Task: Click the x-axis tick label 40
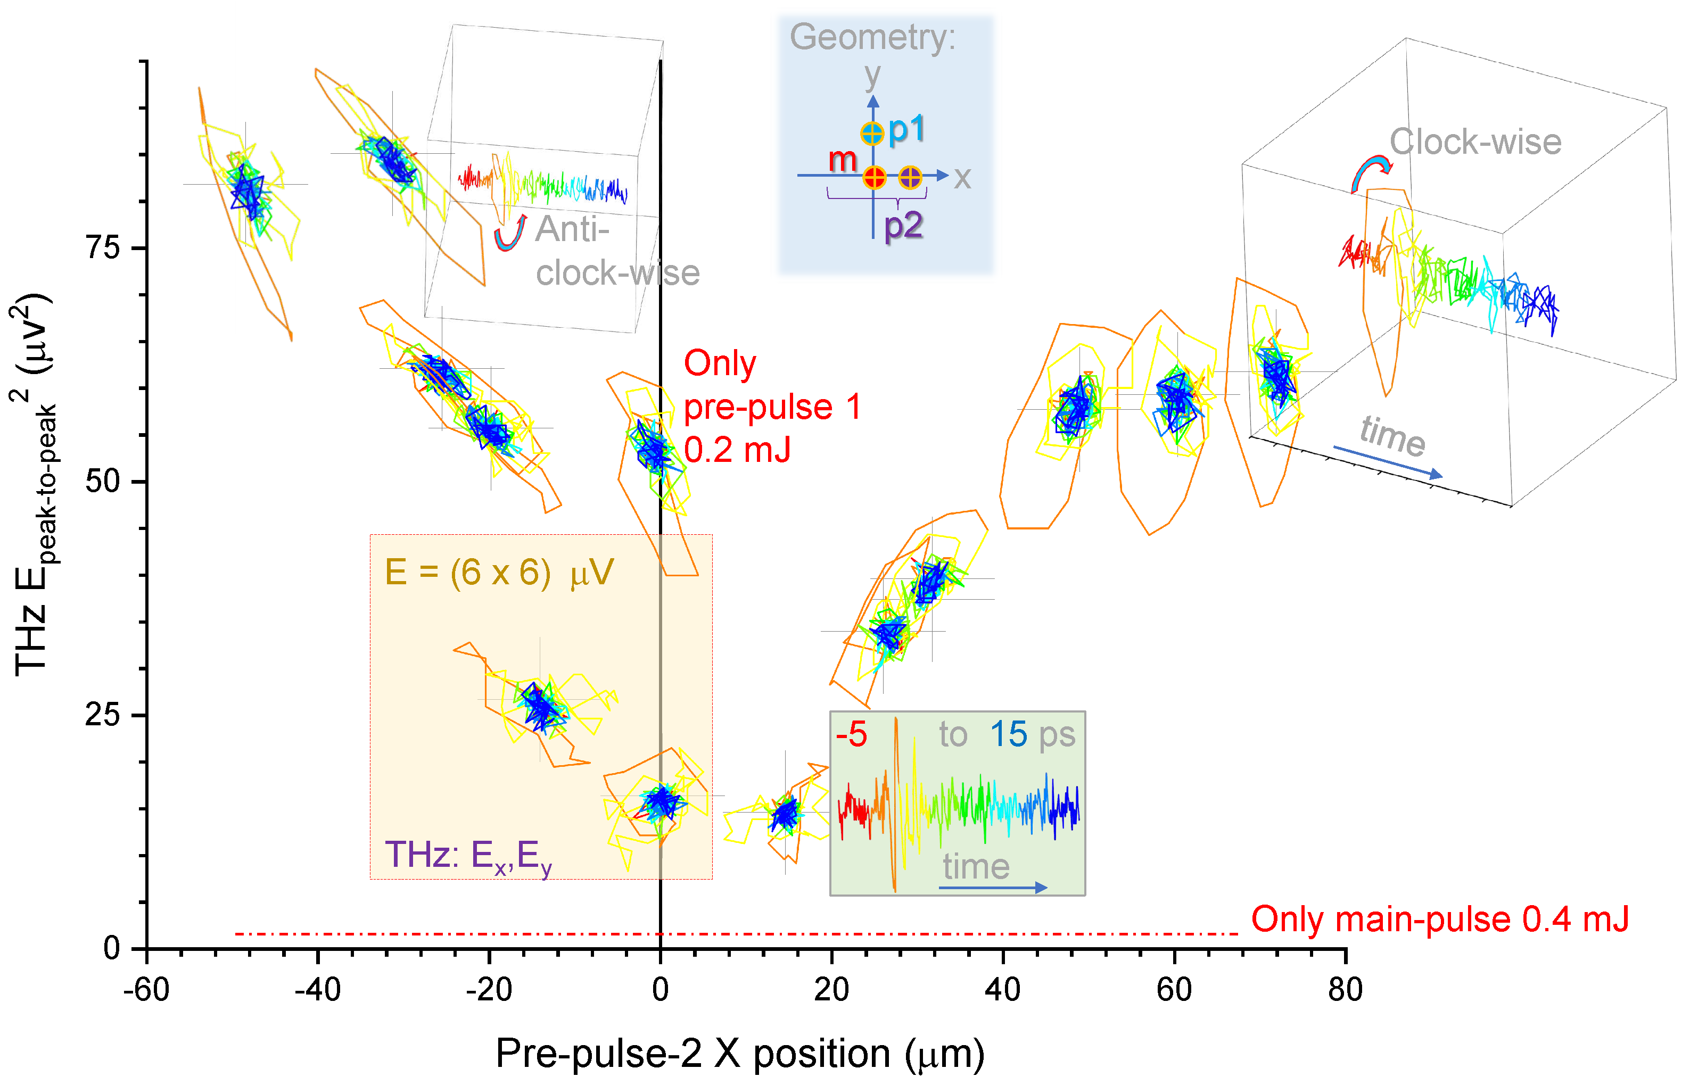coord(1002,990)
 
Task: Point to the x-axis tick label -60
coord(146,990)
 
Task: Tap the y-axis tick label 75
coord(102,247)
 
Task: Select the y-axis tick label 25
coord(102,715)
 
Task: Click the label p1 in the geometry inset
coord(906,129)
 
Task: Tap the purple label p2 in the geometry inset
coord(903,226)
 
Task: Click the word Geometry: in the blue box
coord(872,37)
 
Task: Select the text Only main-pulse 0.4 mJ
coord(1439,920)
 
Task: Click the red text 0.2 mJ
coord(737,450)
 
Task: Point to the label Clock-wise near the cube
coord(1475,142)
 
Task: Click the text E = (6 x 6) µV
coord(499,572)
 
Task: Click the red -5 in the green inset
coord(851,735)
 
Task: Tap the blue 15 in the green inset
coord(1009,735)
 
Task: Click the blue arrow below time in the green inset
coord(992,888)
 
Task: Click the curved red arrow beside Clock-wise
coord(1371,172)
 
